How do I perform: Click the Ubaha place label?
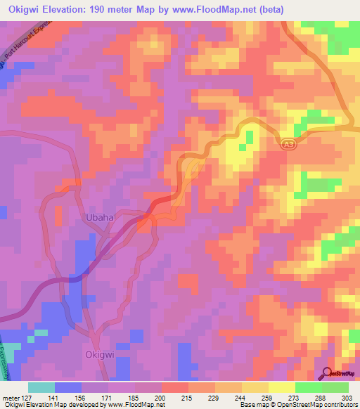(99, 218)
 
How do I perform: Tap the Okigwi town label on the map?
(98, 355)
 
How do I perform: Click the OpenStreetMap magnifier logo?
(328, 373)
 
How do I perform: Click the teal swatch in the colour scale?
(41, 387)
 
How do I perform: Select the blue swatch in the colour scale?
(67, 387)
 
